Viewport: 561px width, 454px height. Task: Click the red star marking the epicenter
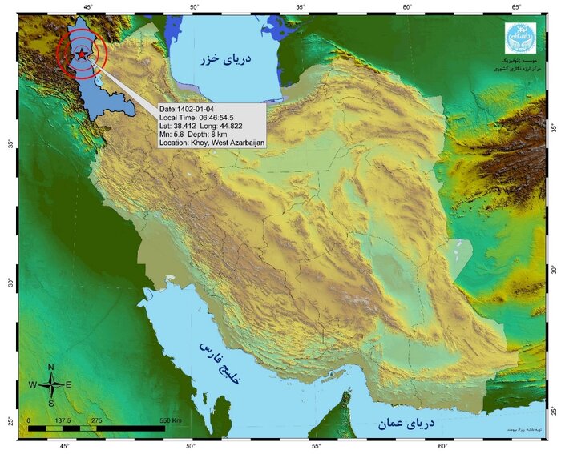(82, 54)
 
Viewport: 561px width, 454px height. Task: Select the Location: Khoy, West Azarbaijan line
(212, 143)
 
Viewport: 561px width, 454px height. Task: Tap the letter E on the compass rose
(68, 385)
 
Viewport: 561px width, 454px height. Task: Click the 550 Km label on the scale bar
(176, 420)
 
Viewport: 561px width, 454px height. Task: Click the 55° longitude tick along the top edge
(300, 8)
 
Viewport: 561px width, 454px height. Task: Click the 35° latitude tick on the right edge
(552, 127)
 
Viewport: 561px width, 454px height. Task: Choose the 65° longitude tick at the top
(517, 8)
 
